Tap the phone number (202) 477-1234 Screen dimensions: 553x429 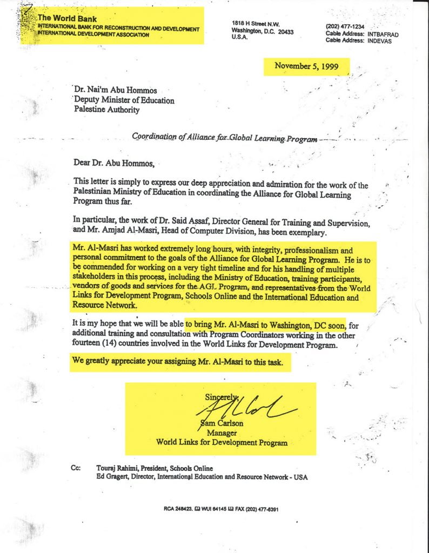[345, 26]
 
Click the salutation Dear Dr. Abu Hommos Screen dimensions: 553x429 [115, 162]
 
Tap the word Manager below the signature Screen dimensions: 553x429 [222, 433]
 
